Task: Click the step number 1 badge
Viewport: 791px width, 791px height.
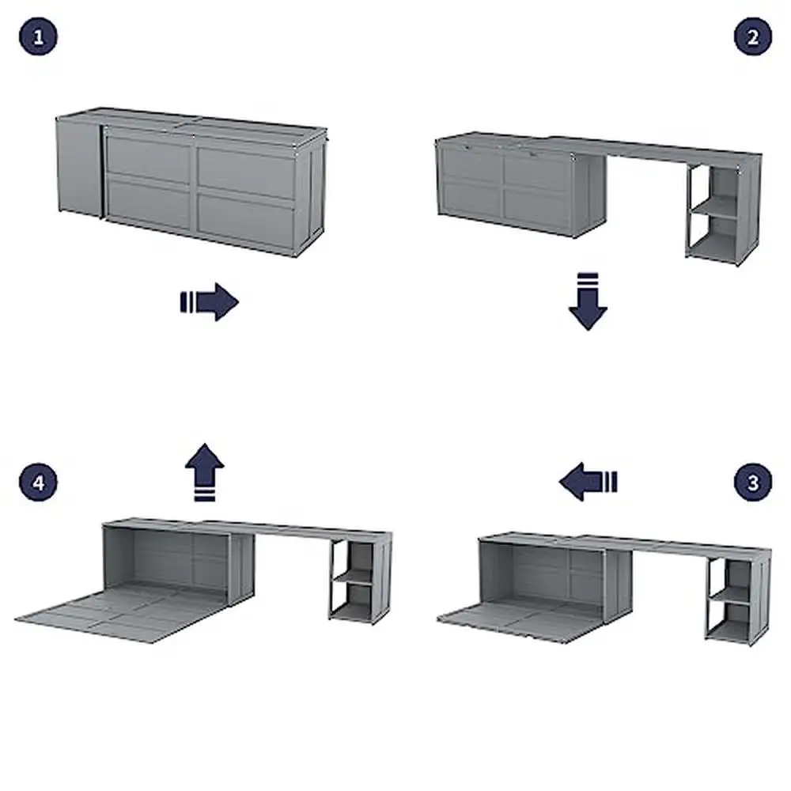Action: tap(38, 37)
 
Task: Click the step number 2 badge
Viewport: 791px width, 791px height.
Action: tap(752, 37)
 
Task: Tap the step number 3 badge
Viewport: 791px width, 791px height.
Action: tap(752, 482)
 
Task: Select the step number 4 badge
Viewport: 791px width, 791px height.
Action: tap(38, 482)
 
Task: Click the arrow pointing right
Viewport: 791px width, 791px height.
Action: tap(210, 302)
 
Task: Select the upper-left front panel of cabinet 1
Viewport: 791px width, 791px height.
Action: tap(148, 157)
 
